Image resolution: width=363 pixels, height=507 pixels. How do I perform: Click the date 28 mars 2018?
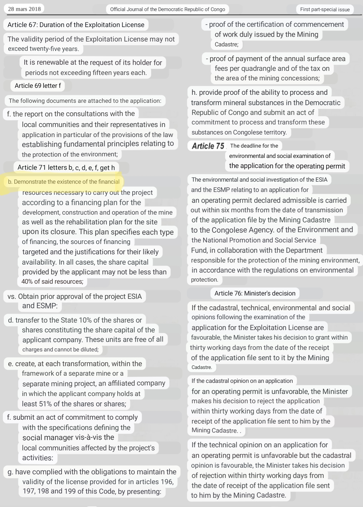point(24,9)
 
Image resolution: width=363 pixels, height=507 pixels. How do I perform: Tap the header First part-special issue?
point(325,10)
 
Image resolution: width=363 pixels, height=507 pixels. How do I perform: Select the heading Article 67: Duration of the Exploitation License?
point(76,25)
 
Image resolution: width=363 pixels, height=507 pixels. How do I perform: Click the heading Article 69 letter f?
point(38,86)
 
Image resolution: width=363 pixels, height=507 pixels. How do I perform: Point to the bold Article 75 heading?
point(208,146)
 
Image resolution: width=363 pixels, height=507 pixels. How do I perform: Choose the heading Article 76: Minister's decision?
point(255,293)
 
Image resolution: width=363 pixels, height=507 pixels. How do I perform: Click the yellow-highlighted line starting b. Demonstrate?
point(64,182)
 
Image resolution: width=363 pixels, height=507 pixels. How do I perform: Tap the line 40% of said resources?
point(52,281)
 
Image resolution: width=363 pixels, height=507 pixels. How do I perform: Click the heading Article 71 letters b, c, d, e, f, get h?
point(66,167)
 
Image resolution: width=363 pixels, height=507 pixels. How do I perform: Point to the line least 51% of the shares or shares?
point(74,404)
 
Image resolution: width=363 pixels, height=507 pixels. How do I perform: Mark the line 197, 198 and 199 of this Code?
point(92,491)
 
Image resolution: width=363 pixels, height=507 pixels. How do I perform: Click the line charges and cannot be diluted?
point(60,349)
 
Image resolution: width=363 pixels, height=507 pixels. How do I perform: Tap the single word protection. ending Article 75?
point(204,280)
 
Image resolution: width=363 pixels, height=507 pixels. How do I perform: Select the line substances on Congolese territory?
point(239,132)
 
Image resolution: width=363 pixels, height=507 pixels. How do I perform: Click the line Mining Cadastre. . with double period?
point(216,430)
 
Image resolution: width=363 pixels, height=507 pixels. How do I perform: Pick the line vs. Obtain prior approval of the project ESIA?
point(75,296)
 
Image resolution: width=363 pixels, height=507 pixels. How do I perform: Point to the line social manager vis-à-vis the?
point(68,437)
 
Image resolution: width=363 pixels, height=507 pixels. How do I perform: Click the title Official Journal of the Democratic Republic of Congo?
point(167,10)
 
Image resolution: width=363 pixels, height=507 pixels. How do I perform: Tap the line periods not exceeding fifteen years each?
point(86,73)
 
